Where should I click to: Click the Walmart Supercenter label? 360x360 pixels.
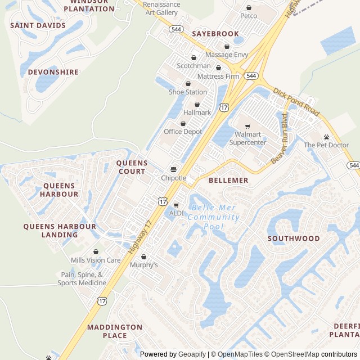(247, 138)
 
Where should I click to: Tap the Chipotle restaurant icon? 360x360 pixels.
(173, 169)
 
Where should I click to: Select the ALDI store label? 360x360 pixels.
(176, 213)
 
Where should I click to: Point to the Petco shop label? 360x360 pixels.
(249, 16)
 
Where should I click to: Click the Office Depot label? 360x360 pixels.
(183, 132)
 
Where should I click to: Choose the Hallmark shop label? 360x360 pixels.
(197, 112)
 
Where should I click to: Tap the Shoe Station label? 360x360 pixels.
(188, 92)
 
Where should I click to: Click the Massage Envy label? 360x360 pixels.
(227, 55)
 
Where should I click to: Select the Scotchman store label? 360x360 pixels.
(193, 66)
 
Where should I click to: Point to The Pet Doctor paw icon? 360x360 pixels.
(326, 137)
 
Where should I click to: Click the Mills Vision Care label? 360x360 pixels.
(96, 260)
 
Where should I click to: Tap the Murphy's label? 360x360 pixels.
(144, 264)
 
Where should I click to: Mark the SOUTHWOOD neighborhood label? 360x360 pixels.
(294, 238)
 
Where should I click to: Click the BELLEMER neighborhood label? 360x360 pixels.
(228, 181)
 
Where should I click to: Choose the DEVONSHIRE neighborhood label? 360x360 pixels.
(53, 72)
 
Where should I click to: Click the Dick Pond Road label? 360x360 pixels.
(296, 102)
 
